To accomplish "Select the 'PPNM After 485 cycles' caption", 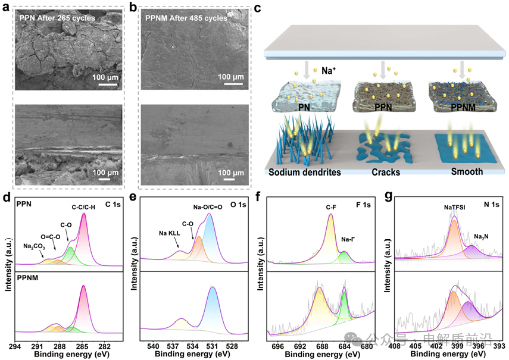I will tap(186, 18).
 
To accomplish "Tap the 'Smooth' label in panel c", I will tap(458, 173).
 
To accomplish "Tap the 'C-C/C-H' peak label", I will tap(83, 206).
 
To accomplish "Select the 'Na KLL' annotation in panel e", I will tap(170, 233).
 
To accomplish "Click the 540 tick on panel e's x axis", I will tap(153, 346).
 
